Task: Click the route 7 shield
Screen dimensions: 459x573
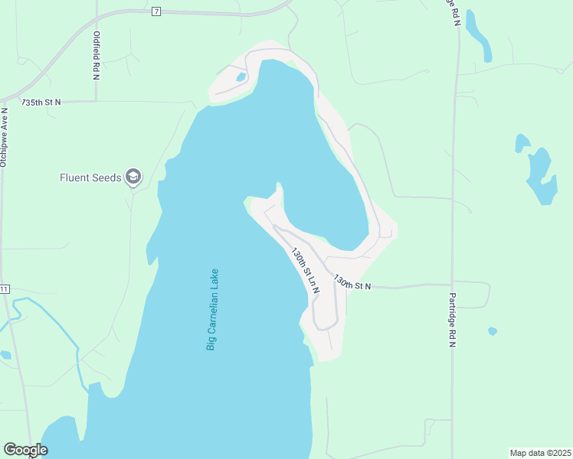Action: [x=156, y=11]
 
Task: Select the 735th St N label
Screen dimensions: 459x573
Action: [x=41, y=102]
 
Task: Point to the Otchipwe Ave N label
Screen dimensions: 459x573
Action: [x=5, y=137]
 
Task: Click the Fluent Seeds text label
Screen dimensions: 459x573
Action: [x=90, y=177]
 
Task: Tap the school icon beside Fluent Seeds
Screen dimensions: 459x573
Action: [x=133, y=177]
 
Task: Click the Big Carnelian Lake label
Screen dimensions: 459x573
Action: [x=212, y=309]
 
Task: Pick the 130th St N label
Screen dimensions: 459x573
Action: [x=352, y=285]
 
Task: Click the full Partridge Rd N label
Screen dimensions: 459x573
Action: [x=452, y=318]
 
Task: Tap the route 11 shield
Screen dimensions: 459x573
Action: [x=5, y=288]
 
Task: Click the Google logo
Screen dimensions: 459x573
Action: [x=25, y=450]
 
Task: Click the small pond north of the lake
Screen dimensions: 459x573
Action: [x=241, y=77]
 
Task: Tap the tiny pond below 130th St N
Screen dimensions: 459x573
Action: [x=493, y=331]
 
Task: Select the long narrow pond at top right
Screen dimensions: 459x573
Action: [x=478, y=35]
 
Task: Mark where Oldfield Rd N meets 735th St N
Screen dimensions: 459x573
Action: [x=96, y=100]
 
